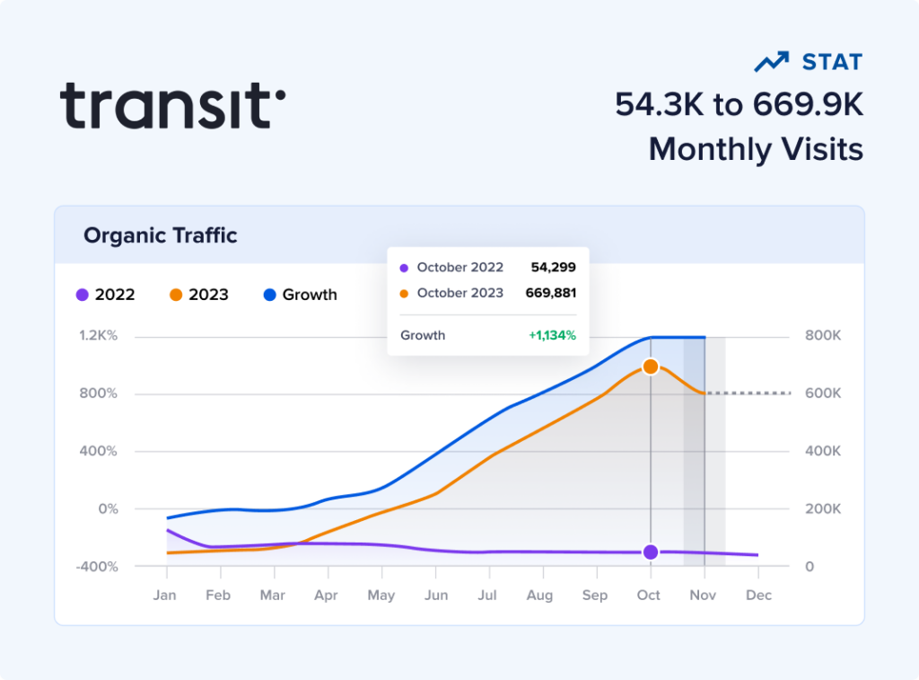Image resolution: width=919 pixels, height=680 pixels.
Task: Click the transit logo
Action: pyautogui.click(x=172, y=105)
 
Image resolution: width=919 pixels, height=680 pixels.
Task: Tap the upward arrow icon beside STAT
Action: pyautogui.click(x=771, y=63)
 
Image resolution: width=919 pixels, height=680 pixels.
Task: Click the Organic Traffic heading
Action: pyautogui.click(x=160, y=235)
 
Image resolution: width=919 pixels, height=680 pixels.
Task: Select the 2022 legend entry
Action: pyautogui.click(x=106, y=295)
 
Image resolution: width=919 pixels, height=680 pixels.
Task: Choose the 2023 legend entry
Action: pyautogui.click(x=198, y=295)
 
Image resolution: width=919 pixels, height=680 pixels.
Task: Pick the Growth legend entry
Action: pyautogui.click(x=300, y=295)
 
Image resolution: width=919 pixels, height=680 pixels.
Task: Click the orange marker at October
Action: pyautogui.click(x=651, y=366)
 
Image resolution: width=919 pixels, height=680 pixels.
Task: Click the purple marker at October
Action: pyautogui.click(x=651, y=552)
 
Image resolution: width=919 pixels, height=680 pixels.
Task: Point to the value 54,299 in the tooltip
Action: pyautogui.click(x=553, y=267)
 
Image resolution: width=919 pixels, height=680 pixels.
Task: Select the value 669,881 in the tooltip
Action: pyautogui.click(x=550, y=293)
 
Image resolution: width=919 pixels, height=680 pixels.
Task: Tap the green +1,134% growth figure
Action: pyautogui.click(x=552, y=335)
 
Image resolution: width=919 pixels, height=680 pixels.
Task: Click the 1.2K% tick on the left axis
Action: pyautogui.click(x=99, y=336)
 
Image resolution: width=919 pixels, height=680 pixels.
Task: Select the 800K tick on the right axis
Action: pyautogui.click(x=822, y=336)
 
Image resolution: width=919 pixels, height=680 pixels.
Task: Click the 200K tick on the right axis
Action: pyautogui.click(x=822, y=508)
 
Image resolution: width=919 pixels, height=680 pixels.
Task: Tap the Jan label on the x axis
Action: pyautogui.click(x=164, y=595)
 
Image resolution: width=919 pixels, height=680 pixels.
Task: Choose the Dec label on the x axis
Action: pyautogui.click(x=758, y=595)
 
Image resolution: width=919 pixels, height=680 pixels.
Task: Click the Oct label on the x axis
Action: pyautogui.click(x=649, y=595)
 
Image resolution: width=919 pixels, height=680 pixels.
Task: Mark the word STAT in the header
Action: pyautogui.click(x=832, y=63)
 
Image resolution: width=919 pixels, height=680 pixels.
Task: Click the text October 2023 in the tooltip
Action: pyautogui.click(x=459, y=293)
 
